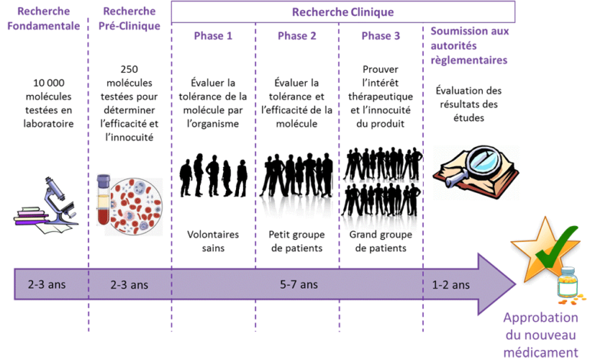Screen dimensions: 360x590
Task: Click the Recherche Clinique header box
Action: click(343, 11)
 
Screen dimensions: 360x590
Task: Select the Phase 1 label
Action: click(213, 36)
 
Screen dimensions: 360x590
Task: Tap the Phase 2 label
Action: click(297, 36)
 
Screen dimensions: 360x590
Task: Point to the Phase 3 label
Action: click(381, 36)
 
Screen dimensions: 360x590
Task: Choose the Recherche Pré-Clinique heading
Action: click(129, 18)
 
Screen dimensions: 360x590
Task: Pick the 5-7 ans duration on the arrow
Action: click(298, 284)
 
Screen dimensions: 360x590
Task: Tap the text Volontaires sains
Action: click(214, 241)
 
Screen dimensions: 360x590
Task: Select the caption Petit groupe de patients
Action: click(297, 241)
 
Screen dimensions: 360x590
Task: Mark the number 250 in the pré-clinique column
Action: click(129, 68)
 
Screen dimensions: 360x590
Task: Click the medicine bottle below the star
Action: click(567, 286)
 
